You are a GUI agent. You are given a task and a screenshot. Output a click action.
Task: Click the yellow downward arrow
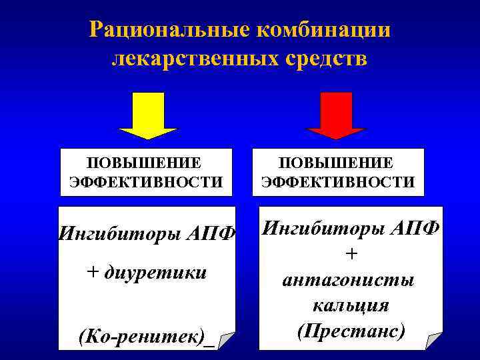point(147,115)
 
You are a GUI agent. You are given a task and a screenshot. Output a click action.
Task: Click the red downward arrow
point(337,115)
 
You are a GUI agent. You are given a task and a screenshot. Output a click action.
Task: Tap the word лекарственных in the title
point(188,59)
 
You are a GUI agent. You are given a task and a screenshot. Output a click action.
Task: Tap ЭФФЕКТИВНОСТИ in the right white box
point(338,182)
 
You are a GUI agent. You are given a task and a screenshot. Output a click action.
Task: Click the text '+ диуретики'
point(147,272)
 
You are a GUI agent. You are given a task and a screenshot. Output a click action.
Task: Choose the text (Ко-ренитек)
point(141,335)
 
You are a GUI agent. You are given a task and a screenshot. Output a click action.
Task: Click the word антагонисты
point(349,280)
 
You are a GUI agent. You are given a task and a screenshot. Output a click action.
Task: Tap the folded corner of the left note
point(227,341)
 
